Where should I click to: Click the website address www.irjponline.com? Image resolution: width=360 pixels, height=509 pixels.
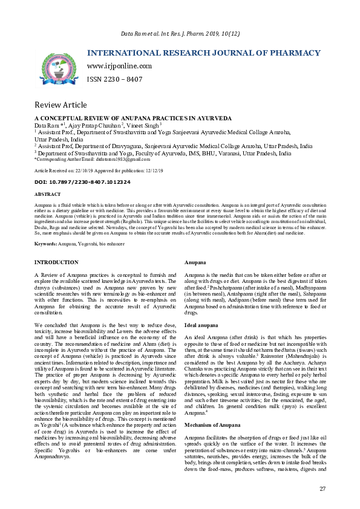point(119,66)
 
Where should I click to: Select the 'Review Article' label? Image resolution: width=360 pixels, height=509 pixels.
point(60,104)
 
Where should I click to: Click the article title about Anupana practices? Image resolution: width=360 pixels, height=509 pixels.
point(129,118)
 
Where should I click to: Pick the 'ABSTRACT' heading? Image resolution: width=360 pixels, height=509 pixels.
point(47,195)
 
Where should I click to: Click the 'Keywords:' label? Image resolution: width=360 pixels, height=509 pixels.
point(45,243)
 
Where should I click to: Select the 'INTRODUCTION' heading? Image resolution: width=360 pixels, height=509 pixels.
point(56,262)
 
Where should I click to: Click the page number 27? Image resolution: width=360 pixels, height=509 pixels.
point(322,488)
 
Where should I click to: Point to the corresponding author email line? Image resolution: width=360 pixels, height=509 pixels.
point(92,159)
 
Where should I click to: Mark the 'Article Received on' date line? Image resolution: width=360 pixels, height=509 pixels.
point(99,171)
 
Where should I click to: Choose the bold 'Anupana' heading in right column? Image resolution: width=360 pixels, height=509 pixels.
point(195,262)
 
